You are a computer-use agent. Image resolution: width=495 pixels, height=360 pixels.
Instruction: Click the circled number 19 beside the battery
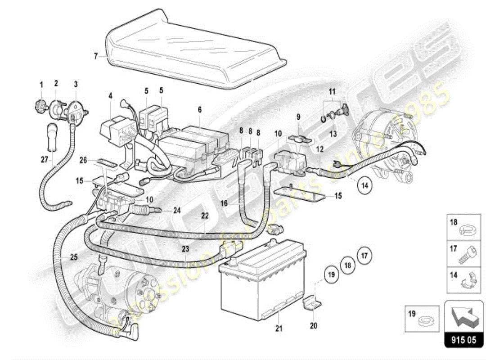pyautogui.click(x=331, y=274)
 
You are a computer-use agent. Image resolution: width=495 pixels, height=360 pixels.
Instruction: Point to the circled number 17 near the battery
pyautogui.click(x=364, y=256)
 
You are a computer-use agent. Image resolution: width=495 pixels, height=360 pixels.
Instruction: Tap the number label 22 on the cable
pyautogui.click(x=205, y=216)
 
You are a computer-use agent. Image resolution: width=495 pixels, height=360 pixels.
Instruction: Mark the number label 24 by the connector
pyautogui.click(x=177, y=210)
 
